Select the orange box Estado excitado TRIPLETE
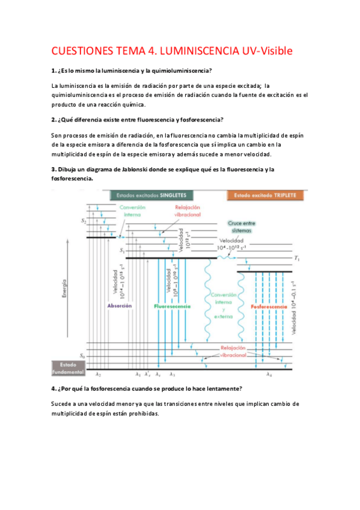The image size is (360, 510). (266, 195)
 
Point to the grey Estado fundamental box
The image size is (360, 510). (66, 367)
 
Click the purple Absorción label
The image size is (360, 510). (119, 306)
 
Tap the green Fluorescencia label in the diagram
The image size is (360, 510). (172, 306)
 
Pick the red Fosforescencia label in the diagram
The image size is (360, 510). (268, 307)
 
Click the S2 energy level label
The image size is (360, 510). (84, 222)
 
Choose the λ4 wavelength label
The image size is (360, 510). (269, 375)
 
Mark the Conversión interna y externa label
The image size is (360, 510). (224, 307)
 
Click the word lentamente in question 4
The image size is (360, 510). (221, 388)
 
